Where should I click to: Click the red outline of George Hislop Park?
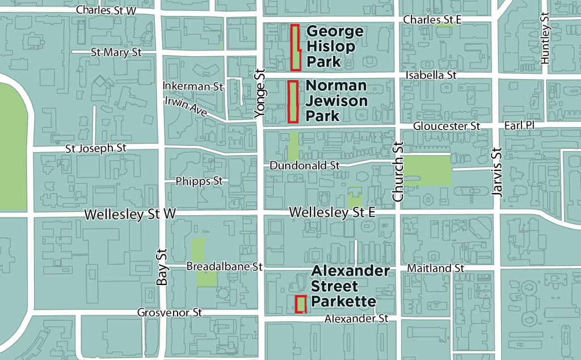pyautogui.click(x=296, y=48)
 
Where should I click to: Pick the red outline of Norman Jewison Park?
pyautogui.click(x=293, y=102)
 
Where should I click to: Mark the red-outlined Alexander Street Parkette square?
pyautogui.click(x=301, y=304)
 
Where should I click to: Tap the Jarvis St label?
pyautogui.click(x=498, y=173)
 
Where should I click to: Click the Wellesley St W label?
pyautogui.click(x=130, y=215)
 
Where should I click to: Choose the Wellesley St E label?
pyautogui.click(x=332, y=212)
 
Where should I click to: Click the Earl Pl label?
pyautogui.click(x=518, y=125)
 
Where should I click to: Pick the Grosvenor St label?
pyautogui.click(x=170, y=313)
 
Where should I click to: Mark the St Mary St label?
pyautogui.click(x=116, y=52)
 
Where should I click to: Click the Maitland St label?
pyautogui.click(x=436, y=267)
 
